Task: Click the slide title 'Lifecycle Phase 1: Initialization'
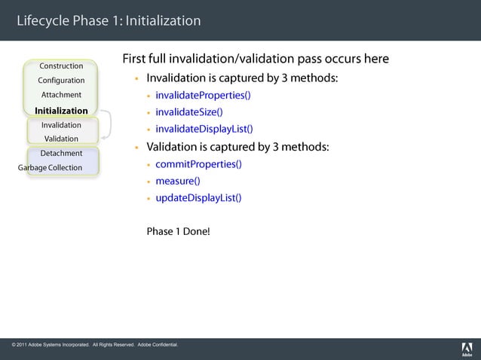[x=109, y=20]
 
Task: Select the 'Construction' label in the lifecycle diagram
[x=61, y=66]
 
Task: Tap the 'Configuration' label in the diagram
[x=61, y=81]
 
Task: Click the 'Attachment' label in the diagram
[x=61, y=95]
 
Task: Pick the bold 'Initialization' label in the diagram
[x=61, y=111]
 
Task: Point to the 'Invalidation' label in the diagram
[x=61, y=125]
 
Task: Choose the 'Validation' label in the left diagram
[x=61, y=139]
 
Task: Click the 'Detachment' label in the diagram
[x=61, y=154]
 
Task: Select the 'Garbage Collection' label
[x=50, y=168]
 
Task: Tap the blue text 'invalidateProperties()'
[x=203, y=96]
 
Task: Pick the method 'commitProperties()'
[x=198, y=164]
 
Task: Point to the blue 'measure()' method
[x=177, y=182]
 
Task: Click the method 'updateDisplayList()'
[x=198, y=199]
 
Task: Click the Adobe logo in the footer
[x=466, y=349]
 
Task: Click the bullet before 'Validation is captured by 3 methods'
[x=136, y=148]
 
